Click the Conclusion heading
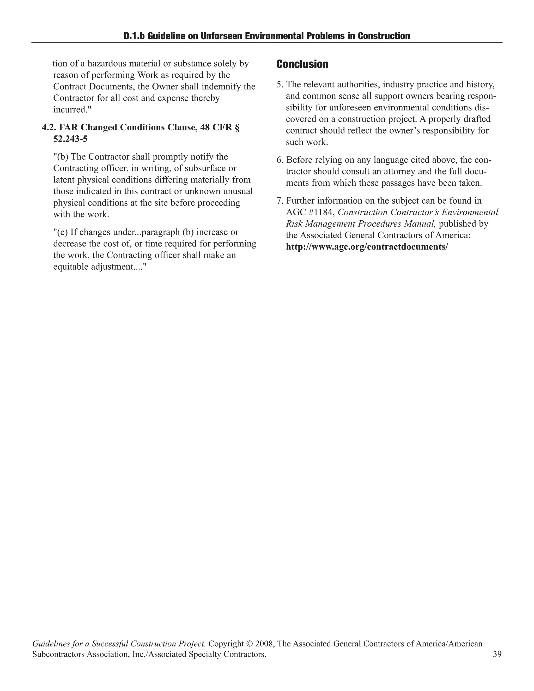pyautogui.click(x=302, y=64)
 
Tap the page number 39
pyautogui.click(x=497, y=654)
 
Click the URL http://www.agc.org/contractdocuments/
pyautogui.click(x=367, y=247)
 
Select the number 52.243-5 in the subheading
pyautogui.click(x=70, y=139)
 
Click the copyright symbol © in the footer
pyautogui.click(x=250, y=644)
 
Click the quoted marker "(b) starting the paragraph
pyautogui.click(x=61, y=157)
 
